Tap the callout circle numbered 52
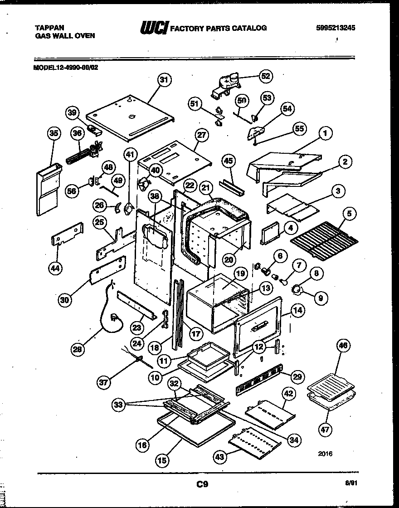[265, 76]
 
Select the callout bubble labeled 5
[350, 213]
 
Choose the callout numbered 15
[162, 460]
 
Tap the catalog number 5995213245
[335, 28]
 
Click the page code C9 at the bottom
[203, 484]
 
